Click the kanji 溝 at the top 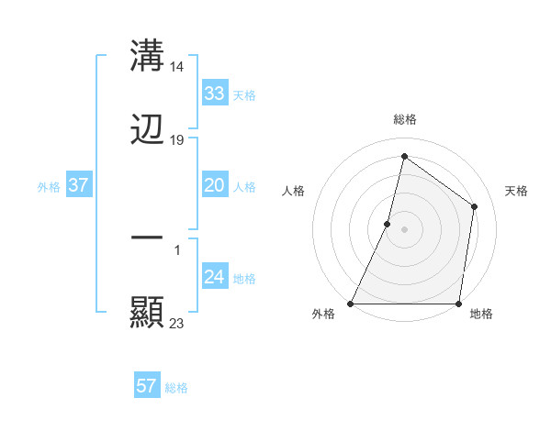coord(148,56)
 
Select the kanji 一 coord(148,238)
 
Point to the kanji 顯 coord(148,313)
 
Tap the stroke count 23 coord(178,323)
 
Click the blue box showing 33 coord(214,93)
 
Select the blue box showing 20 coord(214,185)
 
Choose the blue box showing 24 coord(214,277)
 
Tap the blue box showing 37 coord(79,185)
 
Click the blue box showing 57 coord(146,386)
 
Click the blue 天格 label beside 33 coord(244,94)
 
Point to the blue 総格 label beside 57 coord(176,388)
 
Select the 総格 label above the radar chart coord(405,119)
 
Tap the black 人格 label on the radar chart coord(293,191)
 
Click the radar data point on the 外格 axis coord(351,304)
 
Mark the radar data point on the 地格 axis coord(458,304)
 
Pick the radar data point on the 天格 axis coord(475,206)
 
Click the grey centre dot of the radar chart coord(405,229)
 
